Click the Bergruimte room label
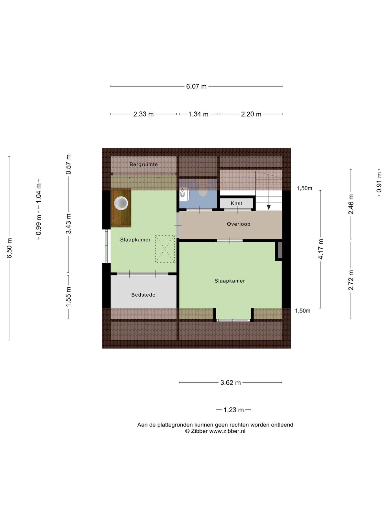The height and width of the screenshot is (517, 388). click(x=144, y=164)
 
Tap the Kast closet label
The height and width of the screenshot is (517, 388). click(x=237, y=203)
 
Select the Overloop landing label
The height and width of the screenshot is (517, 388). click(x=238, y=224)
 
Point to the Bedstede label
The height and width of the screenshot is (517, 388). click(x=143, y=295)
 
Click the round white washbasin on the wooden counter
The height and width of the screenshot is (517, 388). click(x=121, y=203)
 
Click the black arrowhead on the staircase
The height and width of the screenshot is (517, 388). click(x=269, y=207)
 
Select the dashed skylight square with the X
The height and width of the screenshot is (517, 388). click(x=165, y=249)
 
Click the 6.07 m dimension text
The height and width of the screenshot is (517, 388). click(x=196, y=87)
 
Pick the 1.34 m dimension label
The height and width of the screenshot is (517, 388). click(x=198, y=114)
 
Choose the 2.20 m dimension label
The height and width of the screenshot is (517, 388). click(x=251, y=114)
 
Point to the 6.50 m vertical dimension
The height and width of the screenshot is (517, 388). click(x=9, y=248)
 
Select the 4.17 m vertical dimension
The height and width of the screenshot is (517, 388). click(x=321, y=249)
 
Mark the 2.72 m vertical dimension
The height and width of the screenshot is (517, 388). click(x=351, y=280)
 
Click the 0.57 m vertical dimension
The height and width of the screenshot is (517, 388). click(x=69, y=164)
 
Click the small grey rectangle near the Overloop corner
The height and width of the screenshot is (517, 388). click(x=280, y=250)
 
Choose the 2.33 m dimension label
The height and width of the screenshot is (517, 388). click(x=144, y=114)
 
